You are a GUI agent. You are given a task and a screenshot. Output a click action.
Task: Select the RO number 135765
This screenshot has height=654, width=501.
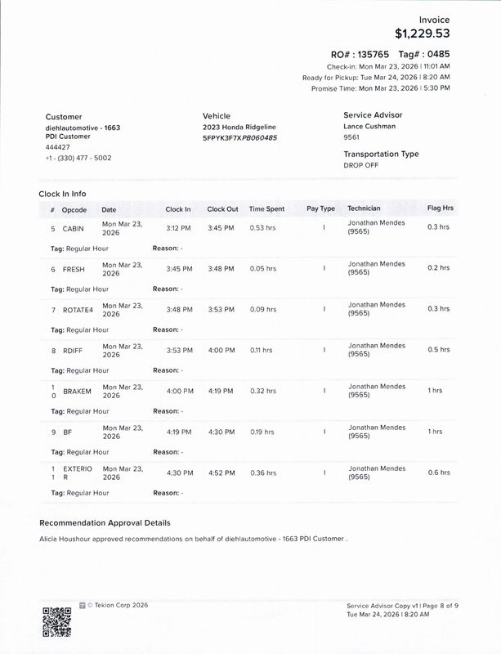pyautogui.click(x=380, y=53)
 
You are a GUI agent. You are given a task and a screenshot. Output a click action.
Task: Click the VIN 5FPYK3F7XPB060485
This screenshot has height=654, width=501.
pyautogui.click(x=239, y=138)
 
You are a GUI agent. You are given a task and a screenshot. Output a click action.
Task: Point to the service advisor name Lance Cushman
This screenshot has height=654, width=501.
pyautogui.click(x=370, y=127)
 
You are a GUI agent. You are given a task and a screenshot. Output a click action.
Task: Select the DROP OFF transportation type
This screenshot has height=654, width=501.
pyautogui.click(x=362, y=165)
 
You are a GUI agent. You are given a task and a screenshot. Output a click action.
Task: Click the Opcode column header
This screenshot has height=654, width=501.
pyautogui.click(x=74, y=209)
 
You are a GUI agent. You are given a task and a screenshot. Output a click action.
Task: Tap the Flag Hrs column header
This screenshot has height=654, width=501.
pyautogui.click(x=440, y=208)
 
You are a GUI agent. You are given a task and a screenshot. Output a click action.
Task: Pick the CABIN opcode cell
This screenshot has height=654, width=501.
pyautogui.click(x=74, y=228)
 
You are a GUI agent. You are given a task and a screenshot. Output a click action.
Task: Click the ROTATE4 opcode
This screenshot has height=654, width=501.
pyautogui.click(x=77, y=310)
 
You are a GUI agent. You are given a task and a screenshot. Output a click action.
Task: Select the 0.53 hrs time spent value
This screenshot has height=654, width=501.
pyautogui.click(x=262, y=227)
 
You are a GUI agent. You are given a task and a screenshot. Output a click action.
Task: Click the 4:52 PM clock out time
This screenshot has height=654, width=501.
pyautogui.click(x=221, y=473)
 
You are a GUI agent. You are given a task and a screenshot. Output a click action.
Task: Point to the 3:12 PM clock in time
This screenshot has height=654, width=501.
pyautogui.click(x=178, y=227)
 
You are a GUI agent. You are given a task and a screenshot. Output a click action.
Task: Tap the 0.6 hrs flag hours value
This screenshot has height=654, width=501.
pyautogui.click(x=438, y=473)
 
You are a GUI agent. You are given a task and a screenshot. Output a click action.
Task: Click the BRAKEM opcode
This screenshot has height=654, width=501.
pyautogui.click(x=77, y=391)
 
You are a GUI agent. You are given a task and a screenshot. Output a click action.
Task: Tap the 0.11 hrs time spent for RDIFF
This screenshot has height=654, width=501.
pyautogui.click(x=262, y=350)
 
